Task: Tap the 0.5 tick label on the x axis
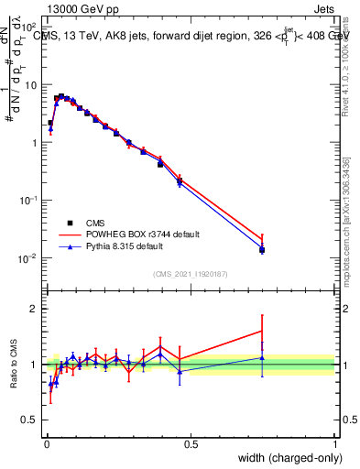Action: [x=191, y=442]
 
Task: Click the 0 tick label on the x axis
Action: [x=46, y=442]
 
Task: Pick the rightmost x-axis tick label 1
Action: [x=334, y=442]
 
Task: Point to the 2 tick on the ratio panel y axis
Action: [x=37, y=309]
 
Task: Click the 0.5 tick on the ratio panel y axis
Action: [x=33, y=421]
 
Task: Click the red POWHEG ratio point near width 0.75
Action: [x=262, y=331]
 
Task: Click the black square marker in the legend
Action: [x=71, y=223]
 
